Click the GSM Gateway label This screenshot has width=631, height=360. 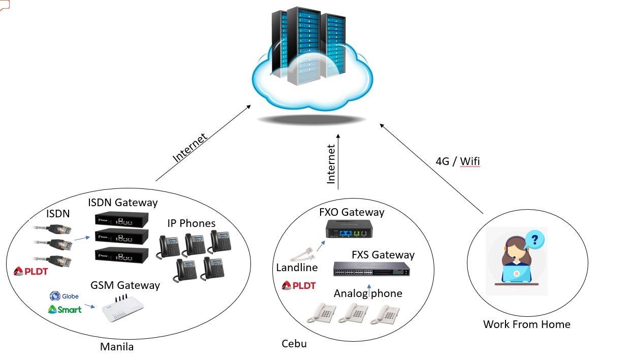(x=124, y=285)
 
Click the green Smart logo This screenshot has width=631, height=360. (x=65, y=309)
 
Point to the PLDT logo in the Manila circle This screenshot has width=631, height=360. (x=31, y=272)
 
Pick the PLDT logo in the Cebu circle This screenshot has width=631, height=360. (x=299, y=285)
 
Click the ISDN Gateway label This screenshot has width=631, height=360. (x=122, y=203)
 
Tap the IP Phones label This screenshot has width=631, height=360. (x=192, y=223)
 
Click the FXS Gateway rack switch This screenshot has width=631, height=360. (x=372, y=269)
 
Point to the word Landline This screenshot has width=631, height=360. (x=297, y=267)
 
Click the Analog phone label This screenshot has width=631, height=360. (x=368, y=293)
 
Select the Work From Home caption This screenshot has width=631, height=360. (x=526, y=324)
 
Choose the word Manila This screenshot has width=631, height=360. (x=117, y=347)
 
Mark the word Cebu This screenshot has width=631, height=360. (x=294, y=344)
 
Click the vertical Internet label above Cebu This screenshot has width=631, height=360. (x=331, y=164)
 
